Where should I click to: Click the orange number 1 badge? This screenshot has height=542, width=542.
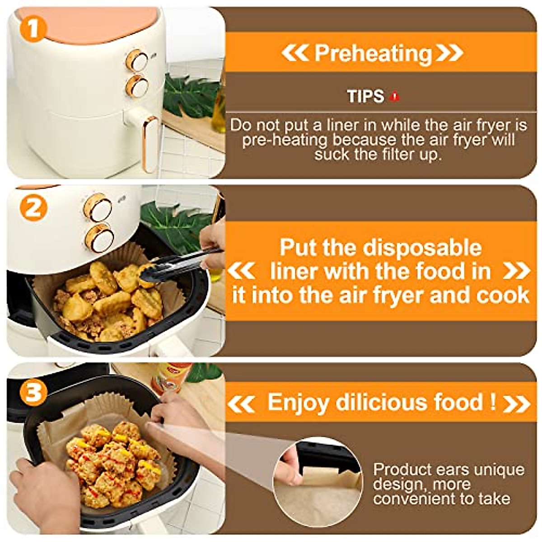[32, 28]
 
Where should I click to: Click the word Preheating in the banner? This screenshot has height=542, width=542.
[373, 53]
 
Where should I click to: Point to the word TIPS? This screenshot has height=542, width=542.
[365, 96]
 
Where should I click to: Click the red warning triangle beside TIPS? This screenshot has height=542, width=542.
[395, 96]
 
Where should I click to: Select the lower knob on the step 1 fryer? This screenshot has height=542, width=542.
[137, 86]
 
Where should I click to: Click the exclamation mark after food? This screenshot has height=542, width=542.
[493, 401]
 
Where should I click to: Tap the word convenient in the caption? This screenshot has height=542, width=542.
[413, 499]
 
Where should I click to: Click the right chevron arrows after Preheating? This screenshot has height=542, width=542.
[450, 53]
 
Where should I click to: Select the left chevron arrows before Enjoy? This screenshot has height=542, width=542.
[241, 404]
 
